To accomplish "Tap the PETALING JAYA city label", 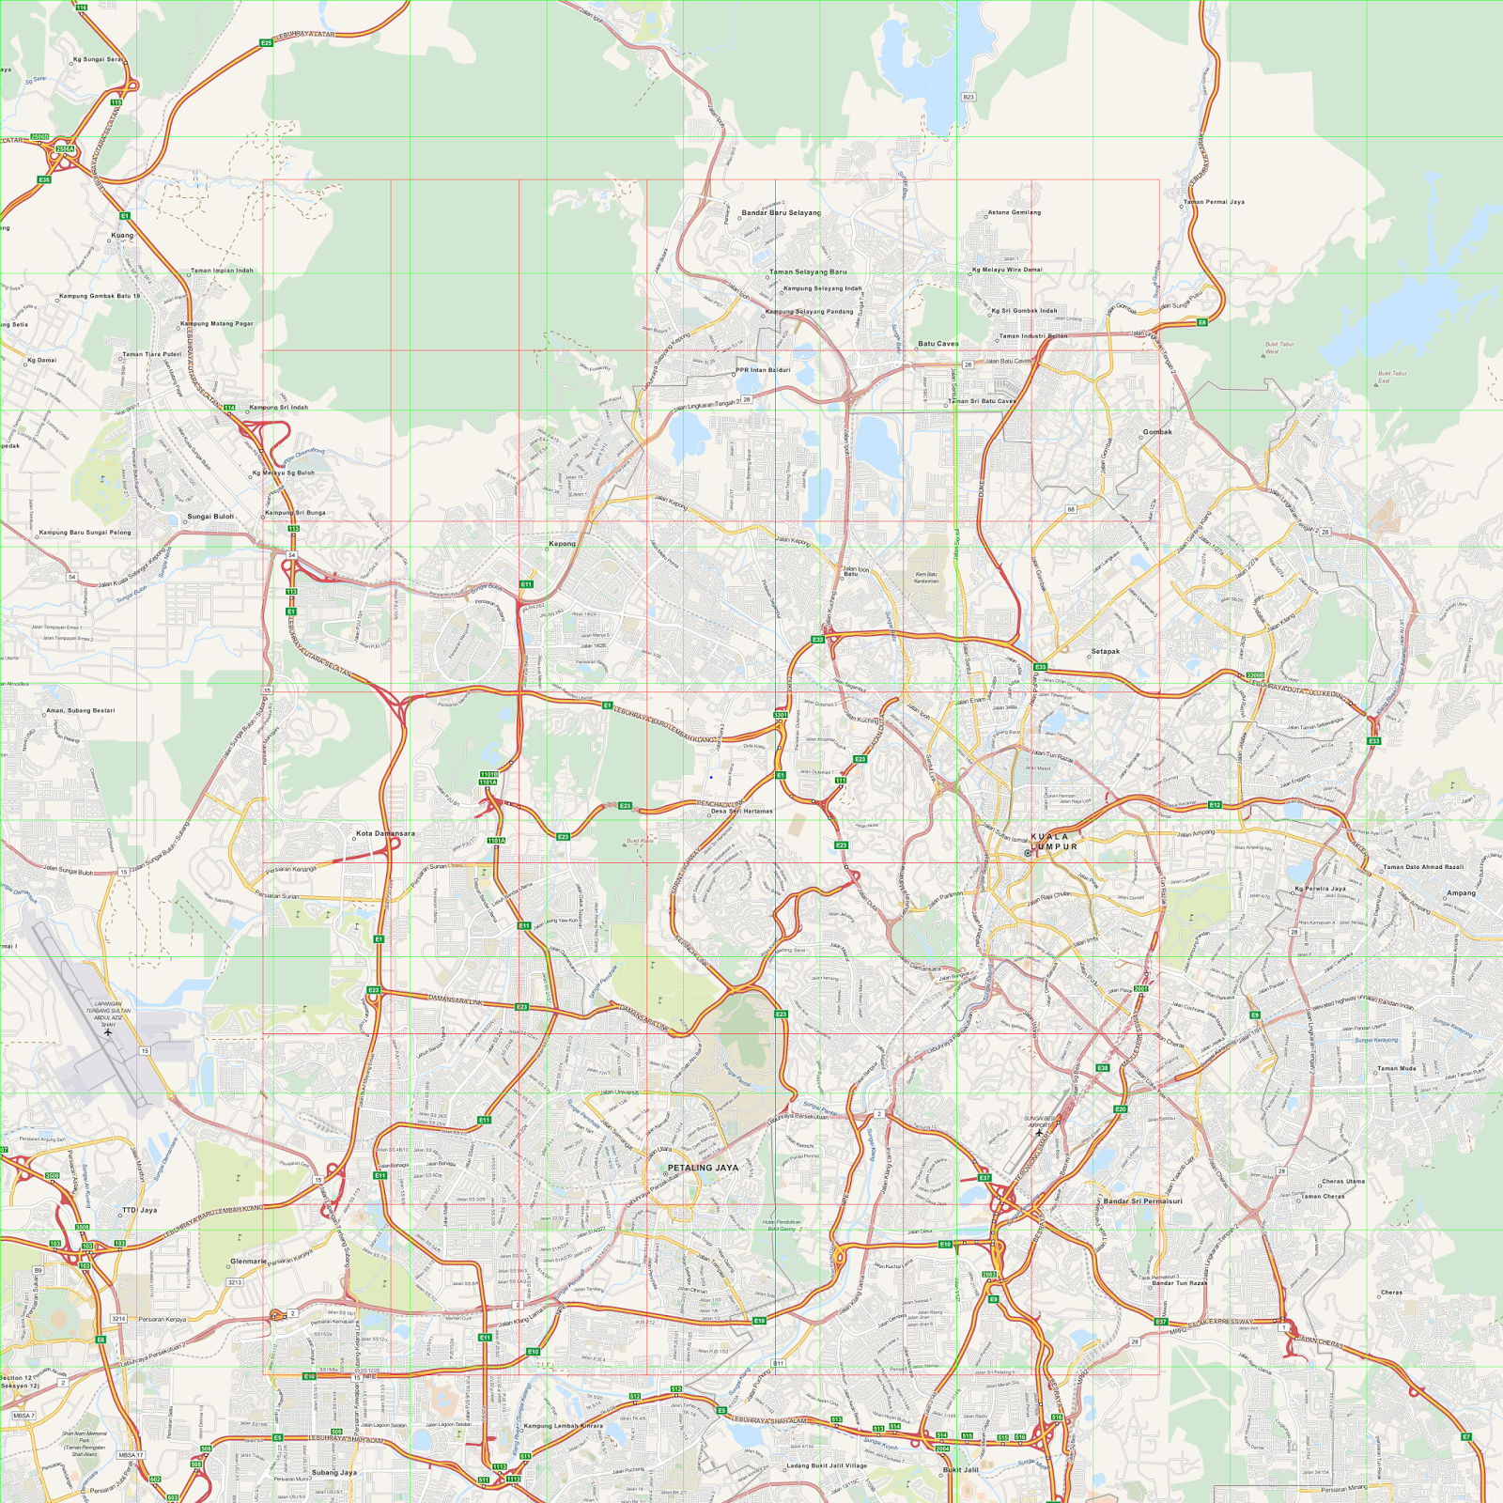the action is pos(703,1168).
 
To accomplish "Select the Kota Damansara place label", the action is pos(385,833).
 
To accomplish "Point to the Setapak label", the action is pos(1106,651).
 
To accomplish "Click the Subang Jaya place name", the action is pos(334,1472).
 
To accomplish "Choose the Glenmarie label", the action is pos(248,1262).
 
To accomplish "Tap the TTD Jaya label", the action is pos(140,1210).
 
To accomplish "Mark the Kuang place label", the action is pos(122,235).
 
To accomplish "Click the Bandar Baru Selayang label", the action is pos(781,212).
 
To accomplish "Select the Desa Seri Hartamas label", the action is pos(742,811).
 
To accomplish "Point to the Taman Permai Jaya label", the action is pos(1214,202).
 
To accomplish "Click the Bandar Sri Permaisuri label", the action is pos(1142,1201).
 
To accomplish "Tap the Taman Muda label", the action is pos(1396,1068).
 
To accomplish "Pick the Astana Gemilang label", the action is pos(1015,212).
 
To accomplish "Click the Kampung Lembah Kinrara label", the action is pos(563,1426).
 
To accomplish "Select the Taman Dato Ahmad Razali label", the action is pos(1423,867).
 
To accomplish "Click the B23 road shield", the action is pos(968,97).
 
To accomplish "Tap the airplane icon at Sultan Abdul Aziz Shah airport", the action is pos(109,1032).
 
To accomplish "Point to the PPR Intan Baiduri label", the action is pos(763,370).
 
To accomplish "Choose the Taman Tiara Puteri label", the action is pos(151,354).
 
